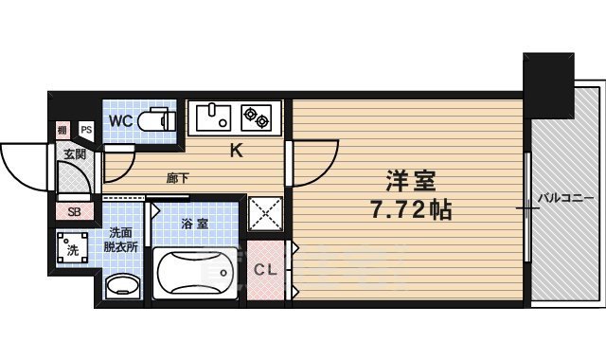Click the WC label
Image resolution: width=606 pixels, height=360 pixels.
tap(119, 121)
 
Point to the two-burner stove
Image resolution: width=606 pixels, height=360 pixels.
tap(257, 117)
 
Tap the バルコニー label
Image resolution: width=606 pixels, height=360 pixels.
tap(565, 198)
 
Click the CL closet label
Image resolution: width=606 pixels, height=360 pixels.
tap(267, 270)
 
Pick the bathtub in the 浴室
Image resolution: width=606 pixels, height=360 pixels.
tap(196, 275)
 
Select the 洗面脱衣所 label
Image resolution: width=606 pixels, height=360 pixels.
tap(120, 241)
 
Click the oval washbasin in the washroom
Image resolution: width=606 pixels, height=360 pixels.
tap(120, 285)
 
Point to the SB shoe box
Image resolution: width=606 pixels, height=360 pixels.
tap(73, 210)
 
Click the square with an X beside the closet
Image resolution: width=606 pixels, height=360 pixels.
tap(266, 213)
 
